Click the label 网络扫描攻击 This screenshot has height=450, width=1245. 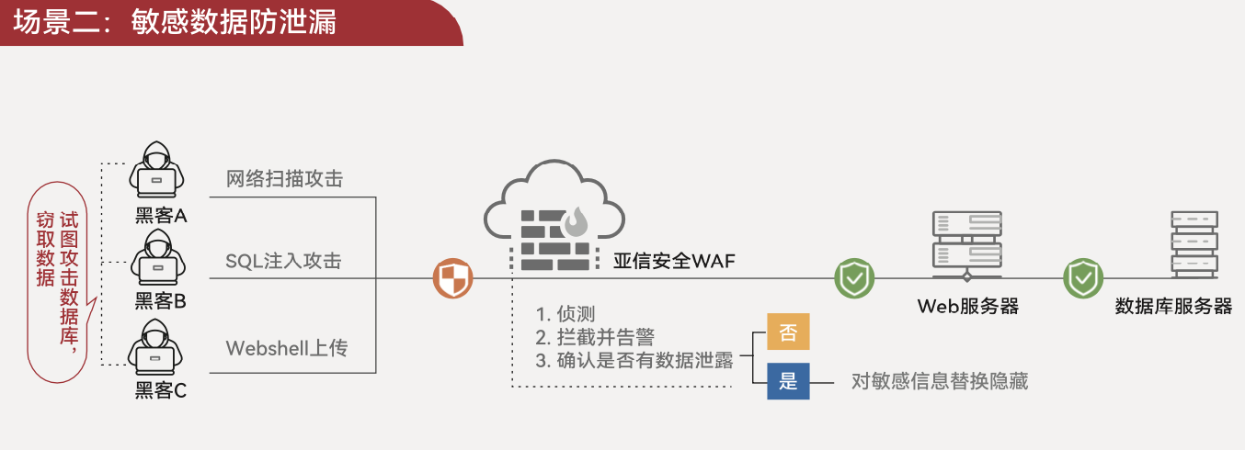click(284, 179)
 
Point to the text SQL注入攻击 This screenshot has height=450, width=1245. click(283, 262)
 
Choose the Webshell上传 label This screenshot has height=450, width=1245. click(287, 349)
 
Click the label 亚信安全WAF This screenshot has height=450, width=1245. click(675, 262)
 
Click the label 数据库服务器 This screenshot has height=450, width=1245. click(1173, 307)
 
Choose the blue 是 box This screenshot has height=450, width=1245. click(788, 380)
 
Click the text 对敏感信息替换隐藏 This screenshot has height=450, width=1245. click(940, 381)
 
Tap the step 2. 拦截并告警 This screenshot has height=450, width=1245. click(595, 337)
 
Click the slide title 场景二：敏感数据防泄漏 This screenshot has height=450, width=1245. click(175, 22)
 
